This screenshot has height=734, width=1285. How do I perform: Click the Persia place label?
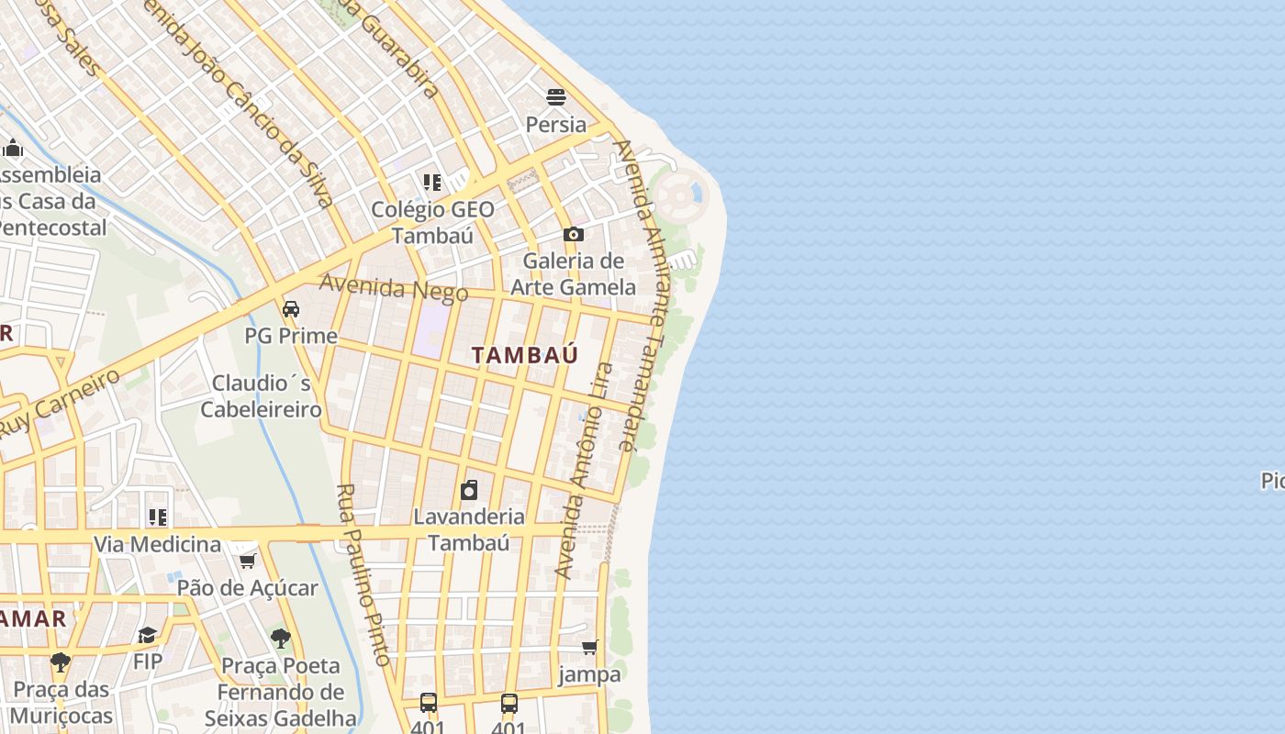pyautogui.click(x=555, y=124)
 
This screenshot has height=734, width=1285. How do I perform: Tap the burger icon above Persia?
pyautogui.click(x=555, y=96)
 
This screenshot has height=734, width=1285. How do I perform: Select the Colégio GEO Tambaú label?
pyautogui.click(x=432, y=222)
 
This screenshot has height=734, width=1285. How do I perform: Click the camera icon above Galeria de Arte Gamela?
pyautogui.click(x=574, y=235)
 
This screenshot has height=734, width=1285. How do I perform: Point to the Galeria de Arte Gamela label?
pyautogui.click(x=573, y=274)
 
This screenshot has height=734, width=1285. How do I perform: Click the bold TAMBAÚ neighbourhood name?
pyautogui.click(x=525, y=355)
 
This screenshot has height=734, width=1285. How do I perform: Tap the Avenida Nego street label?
pyautogui.click(x=388, y=288)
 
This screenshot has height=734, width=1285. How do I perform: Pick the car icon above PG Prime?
pyautogui.click(x=291, y=309)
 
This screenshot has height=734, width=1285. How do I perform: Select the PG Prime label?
pyautogui.click(x=291, y=336)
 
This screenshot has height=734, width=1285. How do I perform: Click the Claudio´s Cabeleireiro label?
pyautogui.click(x=261, y=395)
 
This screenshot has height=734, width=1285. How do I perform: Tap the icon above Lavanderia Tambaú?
pyautogui.click(x=469, y=489)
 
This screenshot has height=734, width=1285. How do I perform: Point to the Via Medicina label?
pyautogui.click(x=157, y=544)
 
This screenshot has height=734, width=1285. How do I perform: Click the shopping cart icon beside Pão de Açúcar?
pyautogui.click(x=247, y=561)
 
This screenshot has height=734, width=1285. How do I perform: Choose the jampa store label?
pyautogui.click(x=589, y=674)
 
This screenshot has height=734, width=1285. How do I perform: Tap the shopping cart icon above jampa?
pyautogui.click(x=589, y=647)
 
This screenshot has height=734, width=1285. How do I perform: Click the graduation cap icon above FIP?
pyautogui.click(x=148, y=635)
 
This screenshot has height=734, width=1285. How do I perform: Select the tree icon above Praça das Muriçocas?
pyautogui.click(x=61, y=662)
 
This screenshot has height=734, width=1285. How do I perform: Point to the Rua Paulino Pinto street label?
pyautogui.click(x=364, y=574)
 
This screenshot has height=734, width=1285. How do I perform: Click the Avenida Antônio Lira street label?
pyautogui.click(x=585, y=470)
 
